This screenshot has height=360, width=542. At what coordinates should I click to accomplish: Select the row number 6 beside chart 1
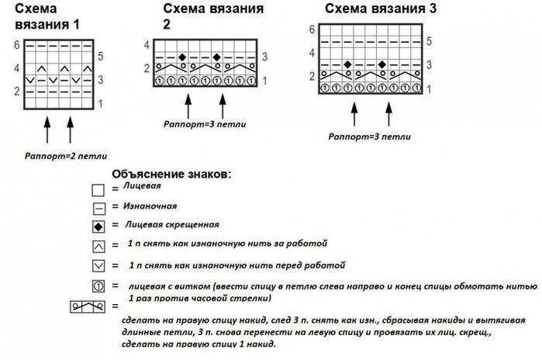(16, 45)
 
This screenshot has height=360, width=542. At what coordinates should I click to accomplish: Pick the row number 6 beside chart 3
(312, 29)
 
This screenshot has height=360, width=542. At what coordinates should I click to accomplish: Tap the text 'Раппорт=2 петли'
(61, 154)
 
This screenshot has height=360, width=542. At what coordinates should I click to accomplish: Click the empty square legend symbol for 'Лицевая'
(98, 191)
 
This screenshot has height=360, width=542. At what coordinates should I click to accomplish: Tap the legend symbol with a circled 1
(98, 286)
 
